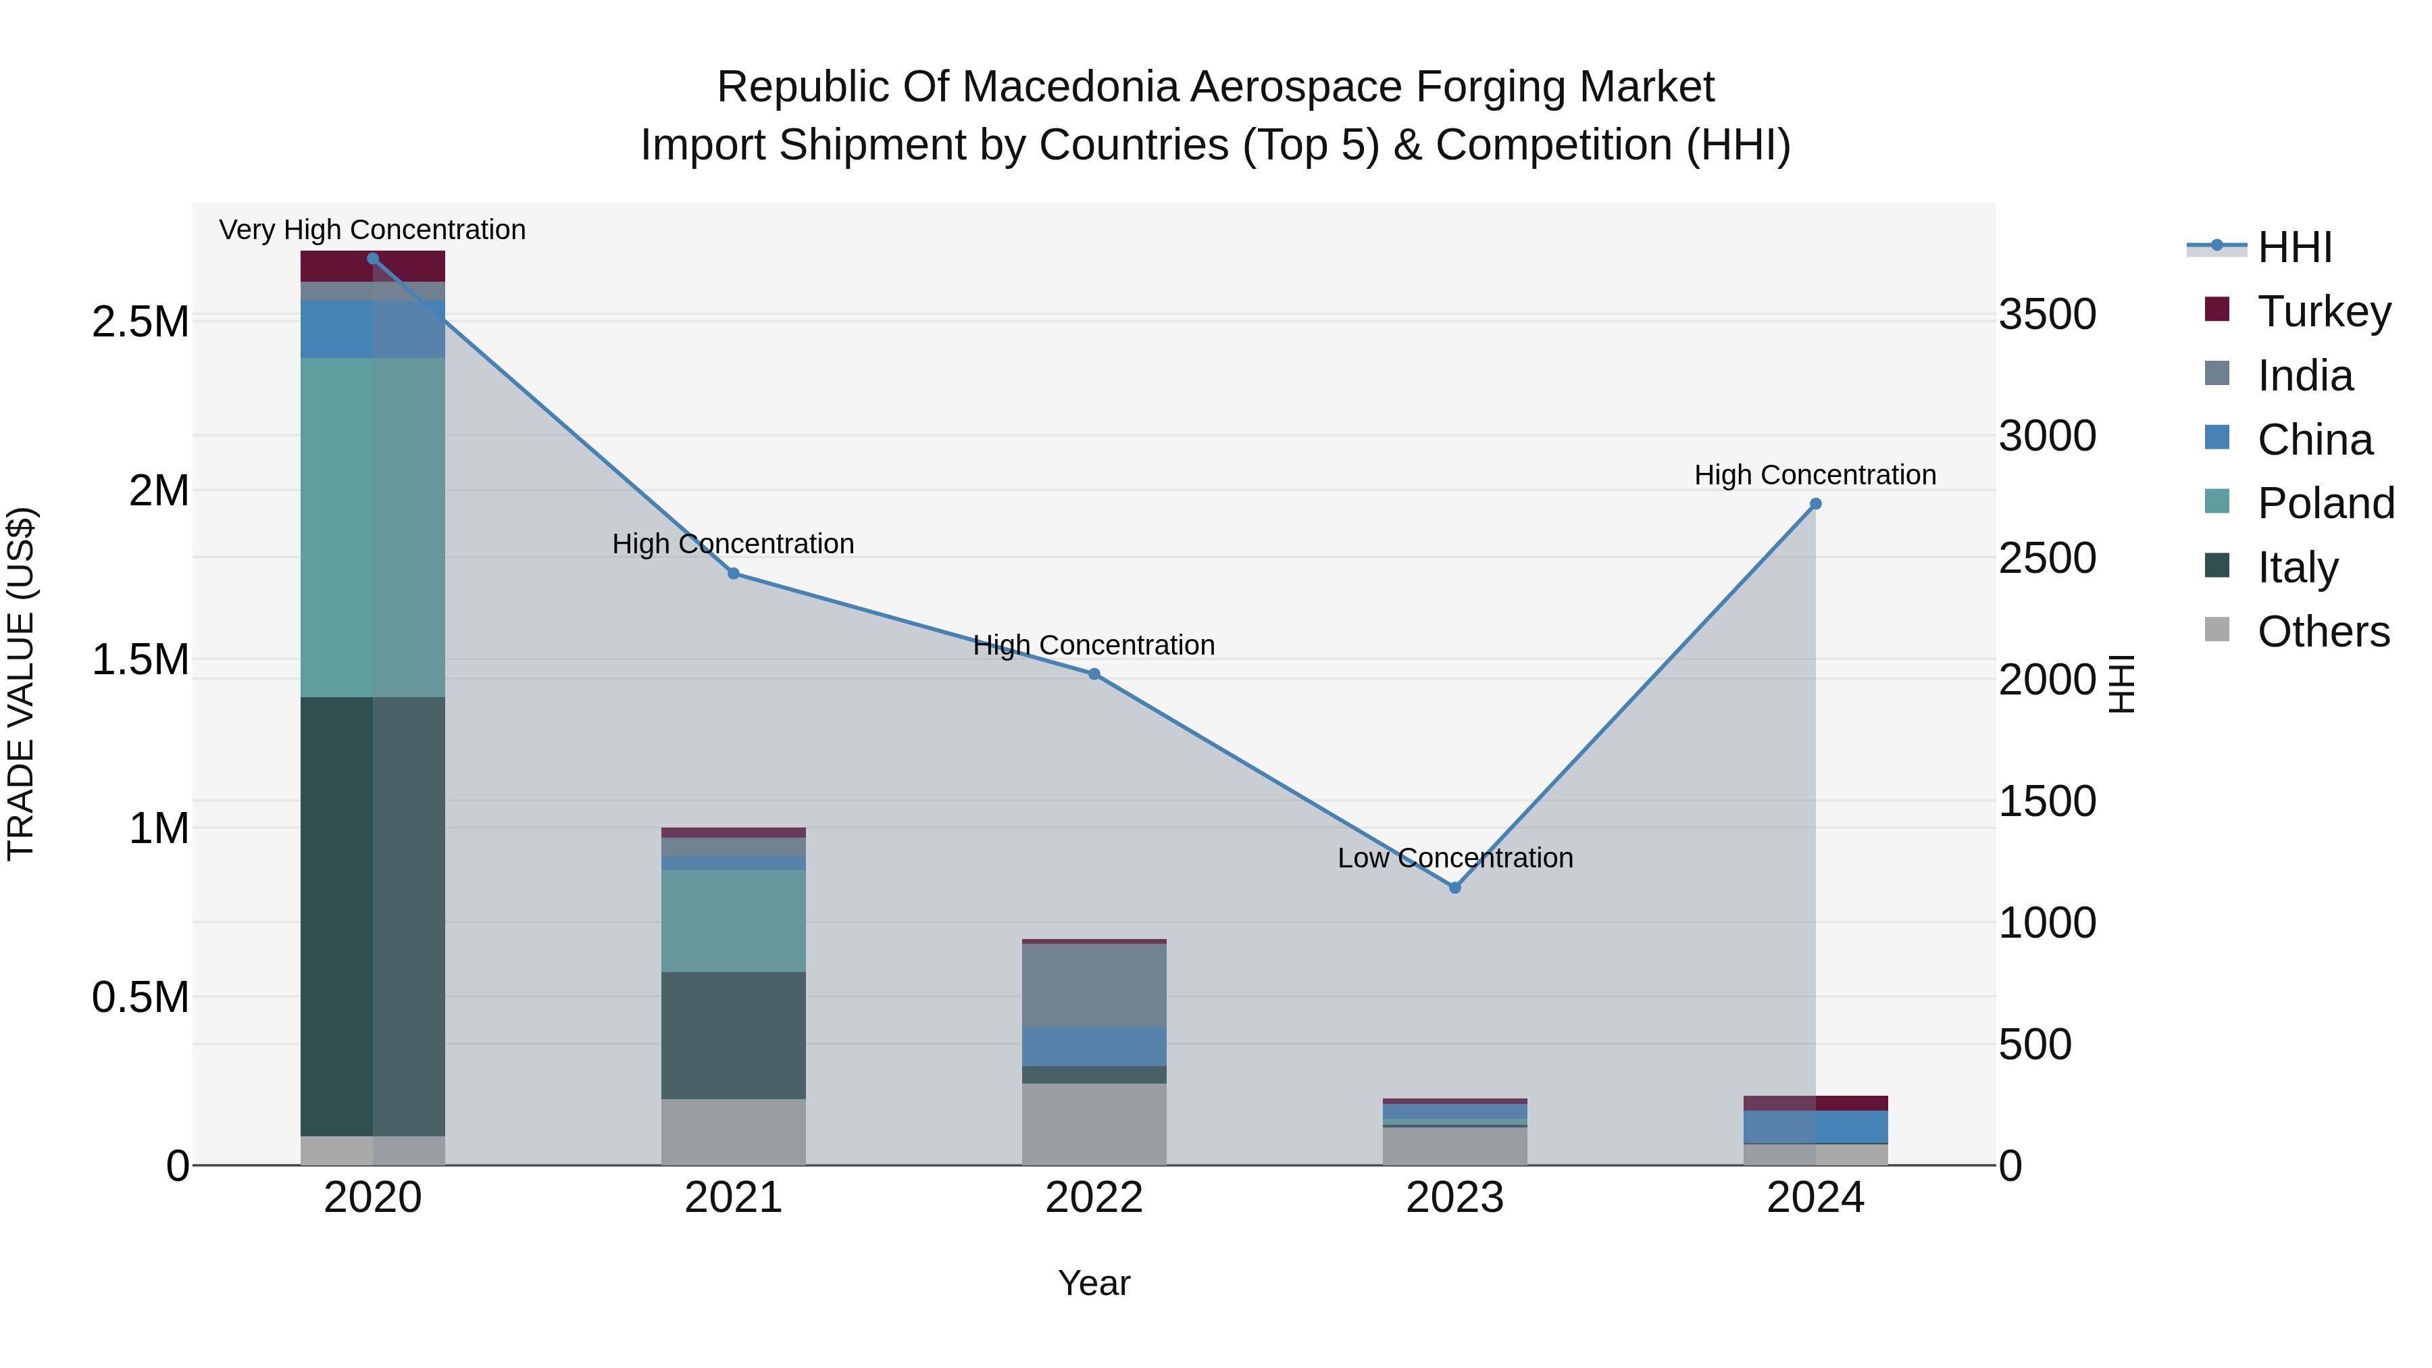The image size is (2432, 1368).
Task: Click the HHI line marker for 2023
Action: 1455,888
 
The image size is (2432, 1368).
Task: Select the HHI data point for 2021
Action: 734,573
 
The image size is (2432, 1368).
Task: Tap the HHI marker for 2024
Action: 1815,504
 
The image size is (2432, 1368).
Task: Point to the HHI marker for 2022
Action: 1094,674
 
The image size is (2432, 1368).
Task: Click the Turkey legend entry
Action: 2323,311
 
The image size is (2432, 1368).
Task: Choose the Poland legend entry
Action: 2325,503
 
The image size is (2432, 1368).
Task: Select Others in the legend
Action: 2323,632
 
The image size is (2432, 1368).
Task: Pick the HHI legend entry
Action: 2294,247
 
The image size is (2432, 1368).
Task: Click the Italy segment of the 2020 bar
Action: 373,916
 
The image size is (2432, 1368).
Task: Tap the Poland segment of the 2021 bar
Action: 734,921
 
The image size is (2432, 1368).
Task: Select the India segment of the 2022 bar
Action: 1094,985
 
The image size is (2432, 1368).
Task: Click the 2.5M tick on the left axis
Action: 140,323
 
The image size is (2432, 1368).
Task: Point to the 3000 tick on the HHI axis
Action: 2047,436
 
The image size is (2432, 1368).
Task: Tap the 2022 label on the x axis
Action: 1094,1198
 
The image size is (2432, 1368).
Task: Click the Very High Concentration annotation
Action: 372,230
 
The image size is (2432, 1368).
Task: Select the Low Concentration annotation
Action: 1455,858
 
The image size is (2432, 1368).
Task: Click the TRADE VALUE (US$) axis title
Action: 21,684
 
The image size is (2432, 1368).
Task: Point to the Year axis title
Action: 1094,1283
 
